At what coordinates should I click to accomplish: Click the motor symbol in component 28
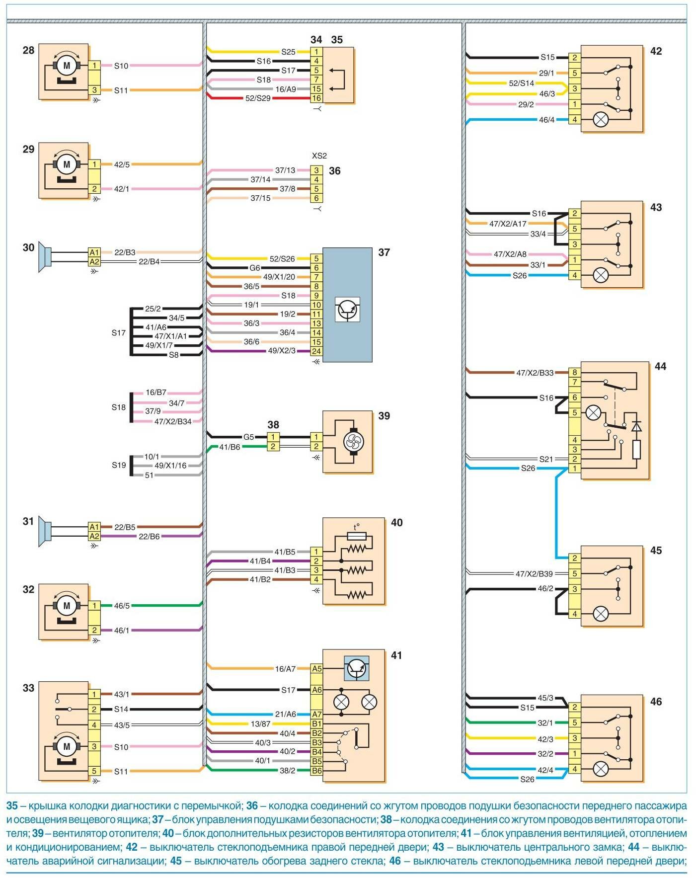tap(67, 65)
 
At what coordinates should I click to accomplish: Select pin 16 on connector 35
tap(316, 98)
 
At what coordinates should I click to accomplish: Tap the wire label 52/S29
tap(258, 98)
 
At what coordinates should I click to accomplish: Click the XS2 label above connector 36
tap(319, 156)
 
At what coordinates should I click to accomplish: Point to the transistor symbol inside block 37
tap(347, 309)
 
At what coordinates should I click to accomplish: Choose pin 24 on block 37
tap(316, 351)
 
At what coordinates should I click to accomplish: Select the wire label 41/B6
tap(230, 447)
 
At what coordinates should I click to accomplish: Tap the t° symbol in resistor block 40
tap(356, 527)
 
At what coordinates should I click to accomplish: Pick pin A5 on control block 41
tap(316, 669)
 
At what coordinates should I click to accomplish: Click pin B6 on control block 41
tap(316, 771)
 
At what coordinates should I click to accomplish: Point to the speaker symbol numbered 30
tap(45, 257)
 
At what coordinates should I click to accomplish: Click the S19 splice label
tap(119, 465)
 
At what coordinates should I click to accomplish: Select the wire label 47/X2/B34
tap(172, 421)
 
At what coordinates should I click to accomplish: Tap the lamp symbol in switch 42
tap(601, 120)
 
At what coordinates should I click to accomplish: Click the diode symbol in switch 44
tap(636, 426)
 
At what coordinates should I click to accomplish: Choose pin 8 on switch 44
tap(575, 372)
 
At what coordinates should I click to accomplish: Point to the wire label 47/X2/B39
tap(534, 574)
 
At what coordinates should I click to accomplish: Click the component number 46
tap(656, 702)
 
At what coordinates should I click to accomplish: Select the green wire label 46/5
tap(122, 606)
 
